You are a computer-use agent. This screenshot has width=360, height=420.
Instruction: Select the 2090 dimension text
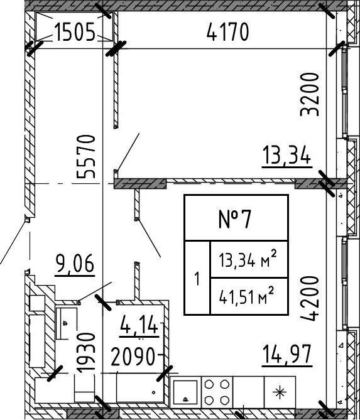133,358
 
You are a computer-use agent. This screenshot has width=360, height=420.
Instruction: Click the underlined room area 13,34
287,154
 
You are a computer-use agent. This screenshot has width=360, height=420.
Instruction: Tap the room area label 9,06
75,264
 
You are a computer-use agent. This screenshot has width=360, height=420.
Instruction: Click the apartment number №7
236,219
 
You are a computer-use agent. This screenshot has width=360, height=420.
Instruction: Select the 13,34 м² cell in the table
248,259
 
